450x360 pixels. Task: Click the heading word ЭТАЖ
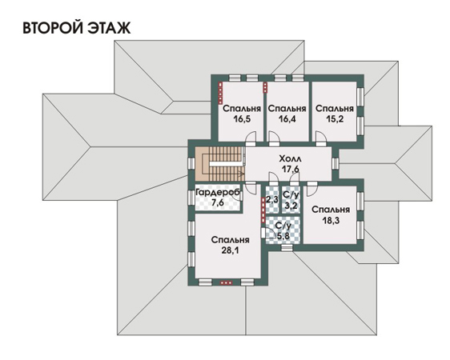[x=108, y=27]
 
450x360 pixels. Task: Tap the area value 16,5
[x=242, y=118]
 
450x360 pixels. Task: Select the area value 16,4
[x=287, y=118]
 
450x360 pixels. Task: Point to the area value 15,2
[x=335, y=118]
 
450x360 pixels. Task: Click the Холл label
[x=290, y=158]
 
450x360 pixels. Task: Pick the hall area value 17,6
[x=290, y=169]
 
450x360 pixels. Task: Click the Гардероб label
[x=217, y=192]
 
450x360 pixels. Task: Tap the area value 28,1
[x=230, y=250]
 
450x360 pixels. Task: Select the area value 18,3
[x=331, y=220]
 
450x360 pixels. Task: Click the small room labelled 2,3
[x=272, y=199]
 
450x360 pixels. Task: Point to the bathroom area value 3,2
[x=291, y=206]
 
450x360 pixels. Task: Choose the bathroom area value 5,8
[x=283, y=236]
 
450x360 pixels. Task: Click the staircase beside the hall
[x=220, y=164]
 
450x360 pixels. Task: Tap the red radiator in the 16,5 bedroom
[x=220, y=93]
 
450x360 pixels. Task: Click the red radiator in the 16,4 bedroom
[x=265, y=88]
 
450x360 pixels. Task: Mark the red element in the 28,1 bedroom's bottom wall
[x=226, y=283]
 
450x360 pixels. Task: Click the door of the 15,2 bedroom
[x=320, y=139]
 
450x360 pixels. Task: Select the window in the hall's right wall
[x=335, y=164]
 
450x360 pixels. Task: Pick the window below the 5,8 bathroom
[x=287, y=248]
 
